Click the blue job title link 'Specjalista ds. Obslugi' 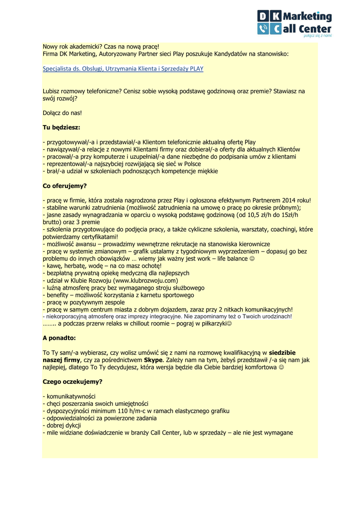(123, 69)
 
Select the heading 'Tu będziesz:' (61, 127)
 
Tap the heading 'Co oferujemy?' (65, 186)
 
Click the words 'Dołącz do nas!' (62, 113)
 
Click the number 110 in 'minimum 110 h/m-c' (121, 411)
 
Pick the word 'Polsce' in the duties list (191, 164)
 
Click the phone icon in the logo (262, 29)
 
